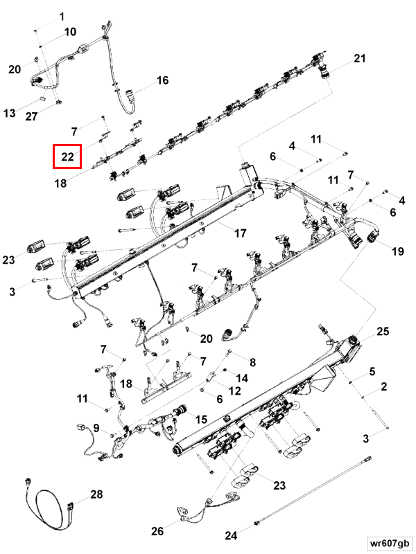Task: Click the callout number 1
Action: pyautogui.click(x=62, y=17)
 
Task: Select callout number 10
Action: pyautogui.click(x=71, y=32)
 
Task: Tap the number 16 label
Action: pyautogui.click(x=163, y=80)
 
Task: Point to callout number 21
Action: pyautogui.click(x=359, y=58)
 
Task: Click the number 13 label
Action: pyautogui.click(x=10, y=113)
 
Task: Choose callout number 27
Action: pyautogui.click(x=31, y=116)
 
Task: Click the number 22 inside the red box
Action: pyautogui.click(x=67, y=157)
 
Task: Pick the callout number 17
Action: pyautogui.click(x=240, y=233)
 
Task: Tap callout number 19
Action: pyautogui.click(x=397, y=251)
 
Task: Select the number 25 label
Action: pyautogui.click(x=383, y=332)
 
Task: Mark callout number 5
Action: pyautogui.click(x=372, y=371)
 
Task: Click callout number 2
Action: pyautogui.click(x=384, y=386)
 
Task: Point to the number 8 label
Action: pyautogui.click(x=252, y=362)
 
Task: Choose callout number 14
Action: pyautogui.click(x=242, y=378)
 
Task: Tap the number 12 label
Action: pyautogui.click(x=234, y=391)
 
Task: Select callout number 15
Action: pyautogui.click(x=201, y=419)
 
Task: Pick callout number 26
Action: pyautogui.click(x=157, y=530)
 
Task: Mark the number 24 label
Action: pyautogui.click(x=231, y=535)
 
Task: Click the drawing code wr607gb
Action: pyautogui.click(x=389, y=543)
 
